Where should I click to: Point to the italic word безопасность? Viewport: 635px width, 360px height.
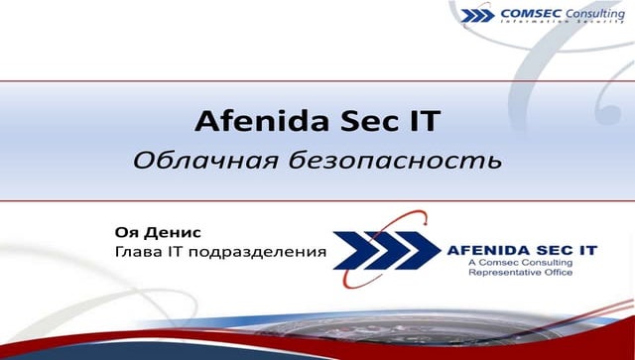(376, 159)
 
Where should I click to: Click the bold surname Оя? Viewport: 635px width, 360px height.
(126, 232)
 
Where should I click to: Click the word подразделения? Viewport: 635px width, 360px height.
(266, 253)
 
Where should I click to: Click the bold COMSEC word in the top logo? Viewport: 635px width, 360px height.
(531, 14)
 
